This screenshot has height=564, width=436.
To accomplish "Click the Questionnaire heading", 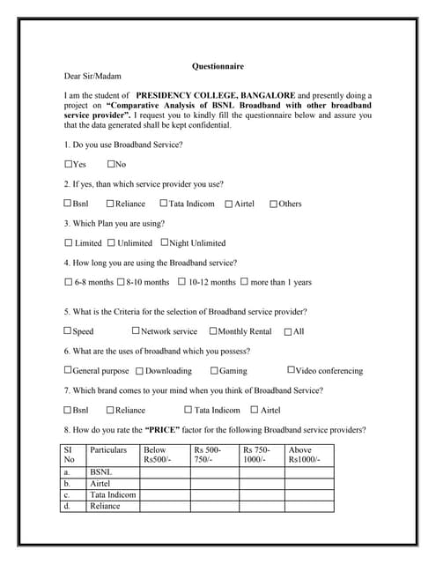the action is point(218,66).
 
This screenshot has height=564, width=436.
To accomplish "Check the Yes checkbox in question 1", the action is point(69,164).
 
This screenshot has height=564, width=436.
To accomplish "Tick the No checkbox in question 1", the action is point(111,164).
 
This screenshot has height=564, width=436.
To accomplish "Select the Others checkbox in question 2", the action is point(273,204).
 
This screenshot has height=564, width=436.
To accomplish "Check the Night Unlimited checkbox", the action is point(164,242).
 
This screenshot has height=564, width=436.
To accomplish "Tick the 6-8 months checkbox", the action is point(69,282).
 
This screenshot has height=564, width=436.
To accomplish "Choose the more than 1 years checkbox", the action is point(244,282).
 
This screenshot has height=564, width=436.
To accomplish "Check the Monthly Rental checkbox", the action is point(213,331).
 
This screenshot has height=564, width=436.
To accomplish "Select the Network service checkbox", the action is point(136,331).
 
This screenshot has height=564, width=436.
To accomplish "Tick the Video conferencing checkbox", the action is point(291,370).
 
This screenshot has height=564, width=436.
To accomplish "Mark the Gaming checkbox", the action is point(214,370).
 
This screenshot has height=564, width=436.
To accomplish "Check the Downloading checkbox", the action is point(139,370).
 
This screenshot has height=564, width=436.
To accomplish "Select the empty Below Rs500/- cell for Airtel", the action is point(165,484).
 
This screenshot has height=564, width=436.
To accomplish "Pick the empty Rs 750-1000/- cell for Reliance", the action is point(262,506).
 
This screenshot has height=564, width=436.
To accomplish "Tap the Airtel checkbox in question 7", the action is point(255,410).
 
